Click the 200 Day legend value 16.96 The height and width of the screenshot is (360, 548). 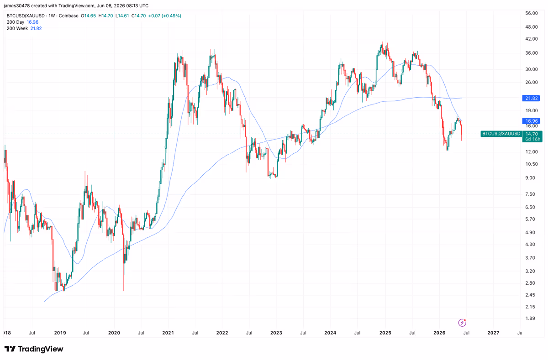[32, 22]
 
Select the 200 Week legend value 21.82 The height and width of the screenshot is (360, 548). [36, 29]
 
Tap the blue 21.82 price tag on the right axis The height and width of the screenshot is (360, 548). [531, 98]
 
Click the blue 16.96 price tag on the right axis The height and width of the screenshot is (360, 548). [531, 121]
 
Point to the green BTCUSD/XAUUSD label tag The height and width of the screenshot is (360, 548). [501, 134]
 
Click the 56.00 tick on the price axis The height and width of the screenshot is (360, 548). [532, 13]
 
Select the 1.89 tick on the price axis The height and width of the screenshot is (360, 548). [530, 318]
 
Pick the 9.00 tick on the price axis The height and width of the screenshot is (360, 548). [530, 177]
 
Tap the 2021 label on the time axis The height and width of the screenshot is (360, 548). [168, 333]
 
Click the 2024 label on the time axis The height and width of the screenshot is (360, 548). [330, 333]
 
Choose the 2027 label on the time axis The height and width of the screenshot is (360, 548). [493, 333]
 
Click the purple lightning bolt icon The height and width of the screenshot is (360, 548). [462, 323]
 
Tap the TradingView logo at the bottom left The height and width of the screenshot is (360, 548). [34, 349]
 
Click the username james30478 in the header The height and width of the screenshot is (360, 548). [16, 5]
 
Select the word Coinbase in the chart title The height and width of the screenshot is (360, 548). [68, 16]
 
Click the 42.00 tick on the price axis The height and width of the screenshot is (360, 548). [532, 39]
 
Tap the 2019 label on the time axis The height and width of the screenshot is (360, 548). [60, 333]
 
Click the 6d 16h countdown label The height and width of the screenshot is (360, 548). [532, 139]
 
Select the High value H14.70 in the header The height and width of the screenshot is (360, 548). [105, 16]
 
